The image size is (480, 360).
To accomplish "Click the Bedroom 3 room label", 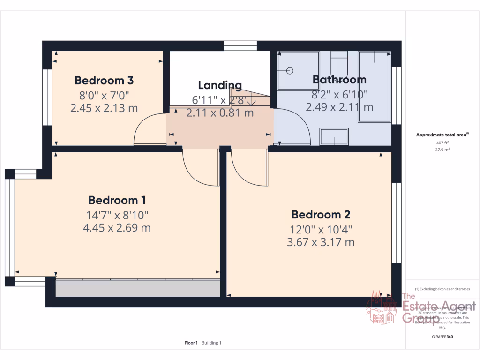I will (x=104, y=80).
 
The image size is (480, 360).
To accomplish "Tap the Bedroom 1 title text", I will (x=117, y=200).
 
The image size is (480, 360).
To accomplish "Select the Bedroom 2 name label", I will (x=321, y=215).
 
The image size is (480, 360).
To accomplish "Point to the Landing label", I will (x=220, y=85).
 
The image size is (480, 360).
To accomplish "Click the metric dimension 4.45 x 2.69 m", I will (x=117, y=228).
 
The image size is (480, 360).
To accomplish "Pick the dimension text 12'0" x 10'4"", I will (x=321, y=230).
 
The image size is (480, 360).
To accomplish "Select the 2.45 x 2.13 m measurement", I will (x=104, y=108).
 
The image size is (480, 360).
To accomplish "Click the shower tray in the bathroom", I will (x=298, y=71).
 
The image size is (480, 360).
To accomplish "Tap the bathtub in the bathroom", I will (x=375, y=87).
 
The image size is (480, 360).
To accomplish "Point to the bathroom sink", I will (x=334, y=137).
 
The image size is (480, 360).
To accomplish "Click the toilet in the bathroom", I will (x=338, y=63).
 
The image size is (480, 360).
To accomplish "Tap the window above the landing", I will (x=240, y=45).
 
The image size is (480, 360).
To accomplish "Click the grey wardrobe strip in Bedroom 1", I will (x=138, y=288).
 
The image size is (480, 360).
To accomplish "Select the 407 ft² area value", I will (x=442, y=143).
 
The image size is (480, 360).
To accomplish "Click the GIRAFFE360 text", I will (x=442, y=337).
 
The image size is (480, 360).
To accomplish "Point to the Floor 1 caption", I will (x=191, y=343).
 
